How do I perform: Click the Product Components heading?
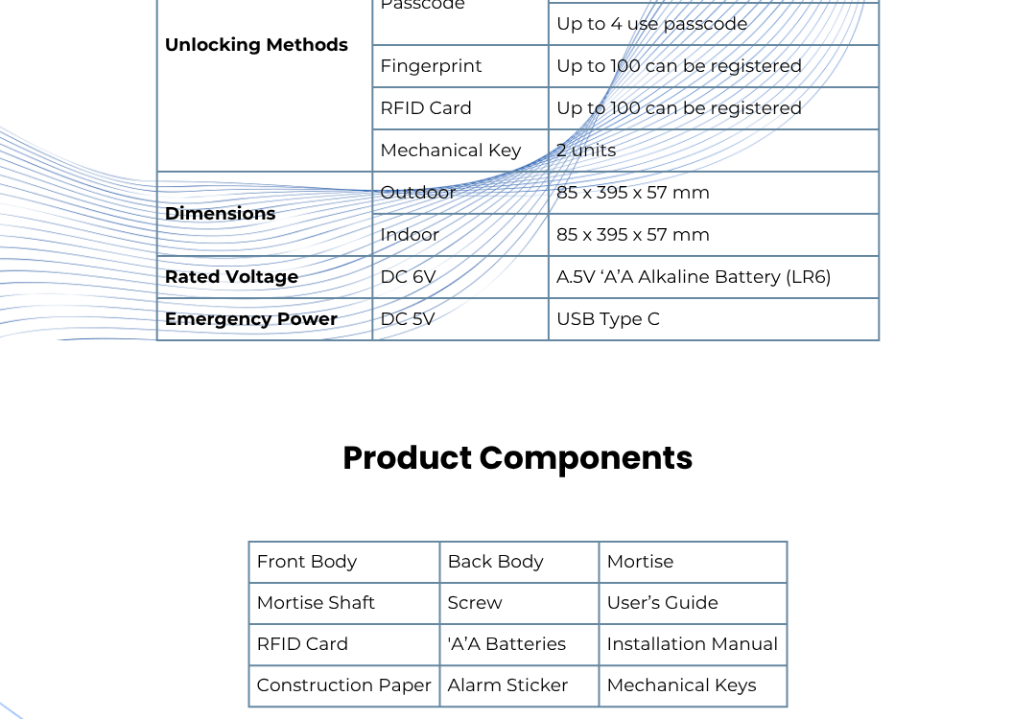pos(517,458)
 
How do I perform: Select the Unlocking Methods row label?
pos(256,45)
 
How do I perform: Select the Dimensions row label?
pos(220,214)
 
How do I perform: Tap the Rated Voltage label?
pos(231,277)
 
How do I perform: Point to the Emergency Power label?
pos(251,319)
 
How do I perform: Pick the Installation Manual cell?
pos(692,644)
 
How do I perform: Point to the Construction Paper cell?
pos(343,686)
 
